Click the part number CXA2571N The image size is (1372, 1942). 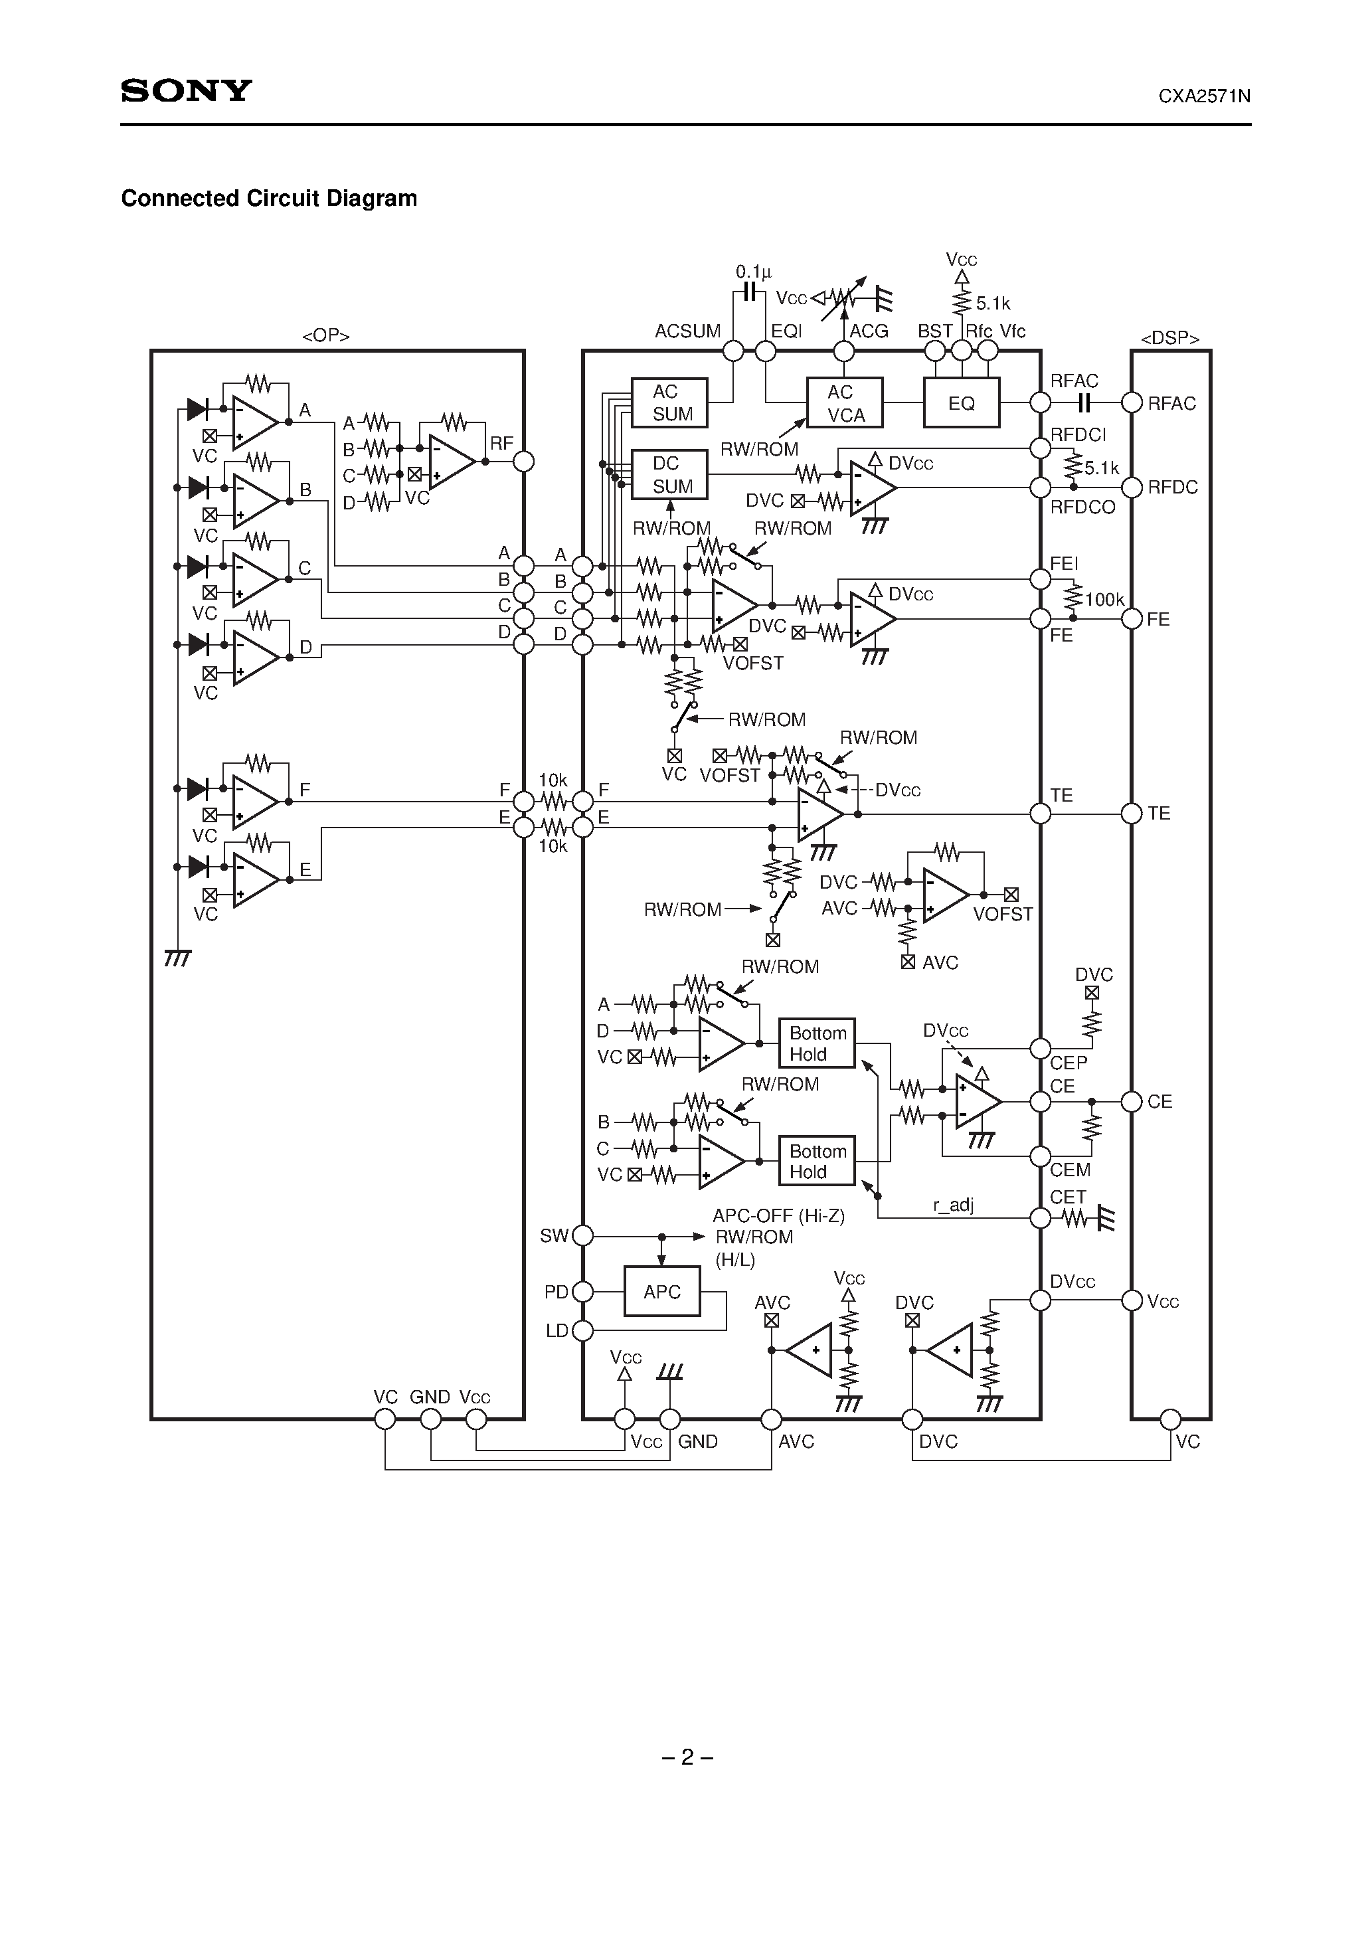tap(1204, 96)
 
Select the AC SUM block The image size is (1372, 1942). tap(670, 402)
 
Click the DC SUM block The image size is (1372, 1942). tap(670, 474)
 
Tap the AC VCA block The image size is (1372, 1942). tap(844, 403)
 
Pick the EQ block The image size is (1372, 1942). tap(961, 403)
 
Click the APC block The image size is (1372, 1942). tap(661, 1292)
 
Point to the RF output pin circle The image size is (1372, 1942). tap(525, 461)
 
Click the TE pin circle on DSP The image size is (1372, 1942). tap(1132, 814)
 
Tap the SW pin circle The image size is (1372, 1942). tap(583, 1236)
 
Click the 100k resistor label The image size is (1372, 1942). tap(1104, 600)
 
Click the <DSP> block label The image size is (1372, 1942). tap(1170, 338)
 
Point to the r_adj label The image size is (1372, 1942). tap(954, 1204)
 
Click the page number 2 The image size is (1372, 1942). tap(687, 1757)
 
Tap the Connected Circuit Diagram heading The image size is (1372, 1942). tap(269, 198)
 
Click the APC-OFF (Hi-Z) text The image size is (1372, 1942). tap(778, 1215)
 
